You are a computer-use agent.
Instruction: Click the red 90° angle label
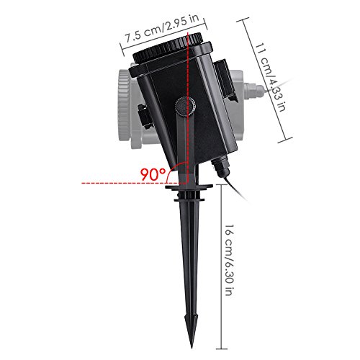(x=153, y=174)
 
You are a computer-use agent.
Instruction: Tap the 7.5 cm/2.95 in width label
(x=163, y=29)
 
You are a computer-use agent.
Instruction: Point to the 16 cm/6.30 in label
(x=230, y=260)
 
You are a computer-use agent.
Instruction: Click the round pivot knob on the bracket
(x=185, y=107)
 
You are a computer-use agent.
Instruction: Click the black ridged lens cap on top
(x=168, y=49)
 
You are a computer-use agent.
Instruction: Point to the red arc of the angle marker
(x=174, y=168)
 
